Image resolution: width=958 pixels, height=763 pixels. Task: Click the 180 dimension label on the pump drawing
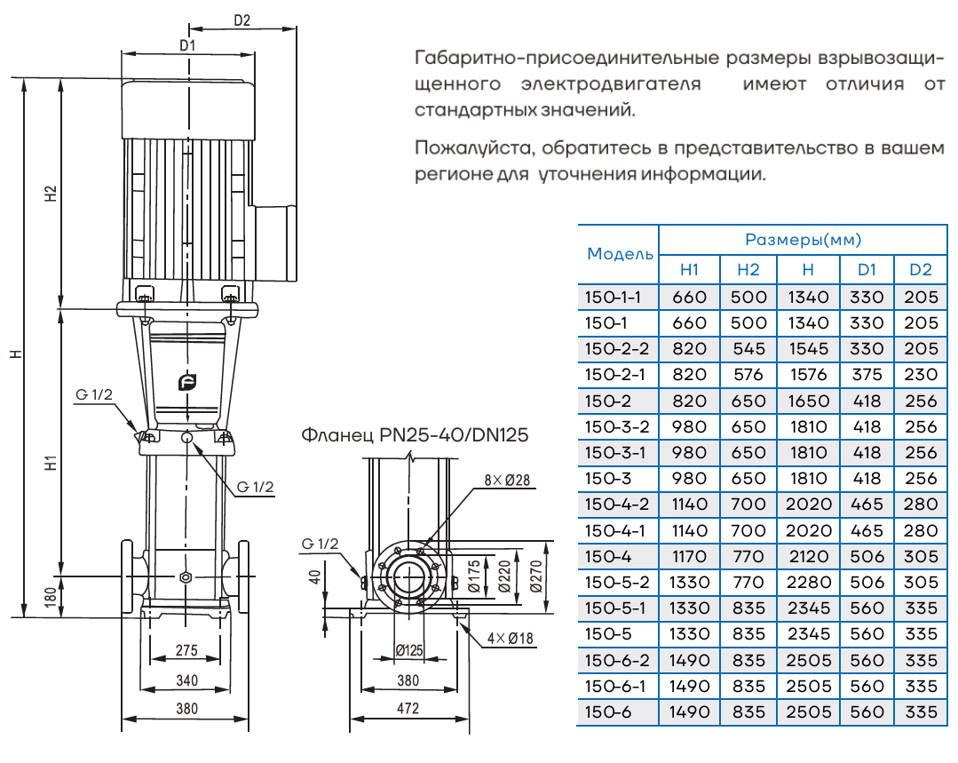pyautogui.click(x=51, y=596)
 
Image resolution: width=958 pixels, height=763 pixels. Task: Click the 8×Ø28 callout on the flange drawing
pyautogui.click(x=506, y=481)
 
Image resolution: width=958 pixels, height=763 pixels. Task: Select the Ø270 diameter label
pyautogui.click(x=534, y=575)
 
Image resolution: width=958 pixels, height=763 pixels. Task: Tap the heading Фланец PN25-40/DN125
pyautogui.click(x=415, y=436)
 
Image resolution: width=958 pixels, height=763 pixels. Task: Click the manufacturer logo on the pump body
pyautogui.click(x=186, y=383)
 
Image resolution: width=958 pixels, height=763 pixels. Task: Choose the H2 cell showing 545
pyautogui.click(x=748, y=349)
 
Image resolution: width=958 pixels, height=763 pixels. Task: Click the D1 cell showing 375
pyautogui.click(x=867, y=375)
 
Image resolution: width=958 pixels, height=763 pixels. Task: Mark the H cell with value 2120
pyautogui.click(x=808, y=556)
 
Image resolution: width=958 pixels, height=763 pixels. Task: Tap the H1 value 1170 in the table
pyautogui.click(x=690, y=556)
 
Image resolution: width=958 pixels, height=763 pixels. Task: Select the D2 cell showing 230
pyautogui.click(x=920, y=375)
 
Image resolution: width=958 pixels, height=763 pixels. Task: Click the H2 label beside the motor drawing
pyautogui.click(x=51, y=195)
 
